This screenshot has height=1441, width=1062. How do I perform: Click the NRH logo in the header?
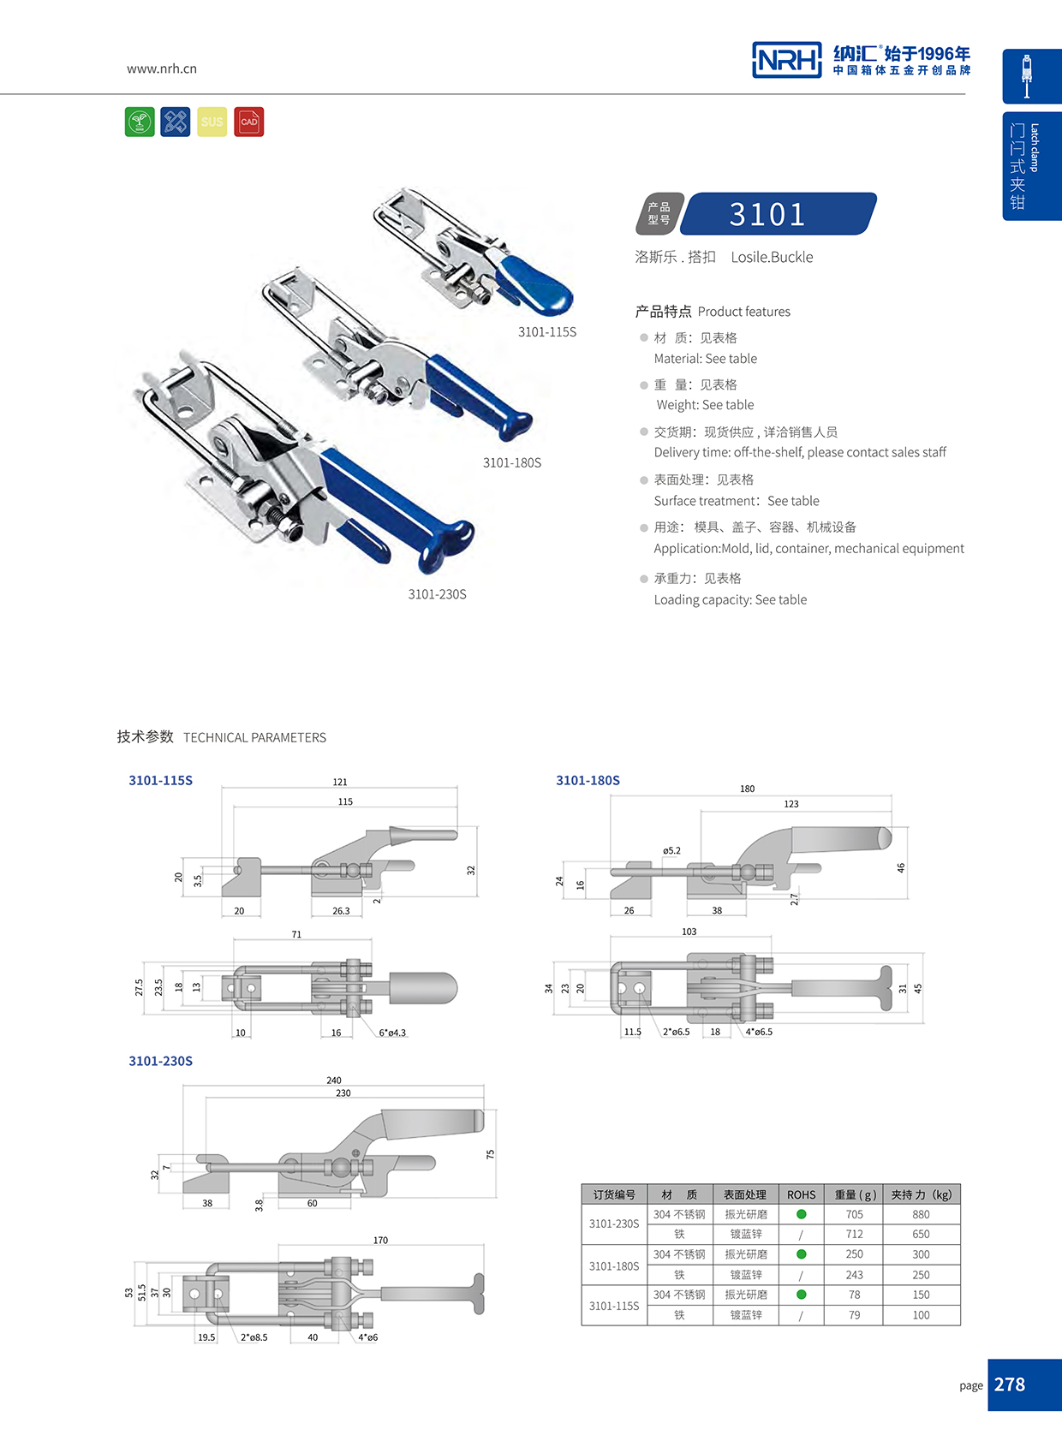[x=786, y=60]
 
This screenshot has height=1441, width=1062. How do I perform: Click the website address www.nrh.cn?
[x=161, y=68]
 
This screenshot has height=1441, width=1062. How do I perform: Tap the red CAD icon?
[x=248, y=122]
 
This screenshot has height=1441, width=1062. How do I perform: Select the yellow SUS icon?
[x=212, y=122]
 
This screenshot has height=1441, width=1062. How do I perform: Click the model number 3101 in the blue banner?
[x=767, y=214]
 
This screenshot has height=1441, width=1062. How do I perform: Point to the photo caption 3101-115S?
[x=546, y=332]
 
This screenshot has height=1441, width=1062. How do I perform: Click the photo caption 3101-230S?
[x=437, y=594]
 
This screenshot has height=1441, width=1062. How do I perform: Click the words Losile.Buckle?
[x=772, y=257]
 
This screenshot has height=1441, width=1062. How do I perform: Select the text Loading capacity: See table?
[x=730, y=599]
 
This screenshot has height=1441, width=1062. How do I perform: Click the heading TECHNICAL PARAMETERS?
[x=254, y=737]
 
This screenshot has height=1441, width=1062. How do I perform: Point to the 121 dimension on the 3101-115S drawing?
[x=340, y=782]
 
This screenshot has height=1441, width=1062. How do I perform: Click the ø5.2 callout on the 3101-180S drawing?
[x=671, y=850]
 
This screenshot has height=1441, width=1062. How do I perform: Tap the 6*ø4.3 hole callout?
[x=392, y=1033]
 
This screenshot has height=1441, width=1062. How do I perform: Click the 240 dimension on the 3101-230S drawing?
[x=334, y=1081]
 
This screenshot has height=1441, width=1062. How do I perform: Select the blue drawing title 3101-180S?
[x=588, y=780]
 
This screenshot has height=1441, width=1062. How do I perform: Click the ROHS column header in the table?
[x=801, y=1194]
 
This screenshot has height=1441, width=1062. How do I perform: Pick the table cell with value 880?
[x=921, y=1214]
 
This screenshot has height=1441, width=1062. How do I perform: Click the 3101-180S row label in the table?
[x=614, y=1265]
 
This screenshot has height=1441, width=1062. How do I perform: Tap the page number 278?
[x=1010, y=1384]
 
